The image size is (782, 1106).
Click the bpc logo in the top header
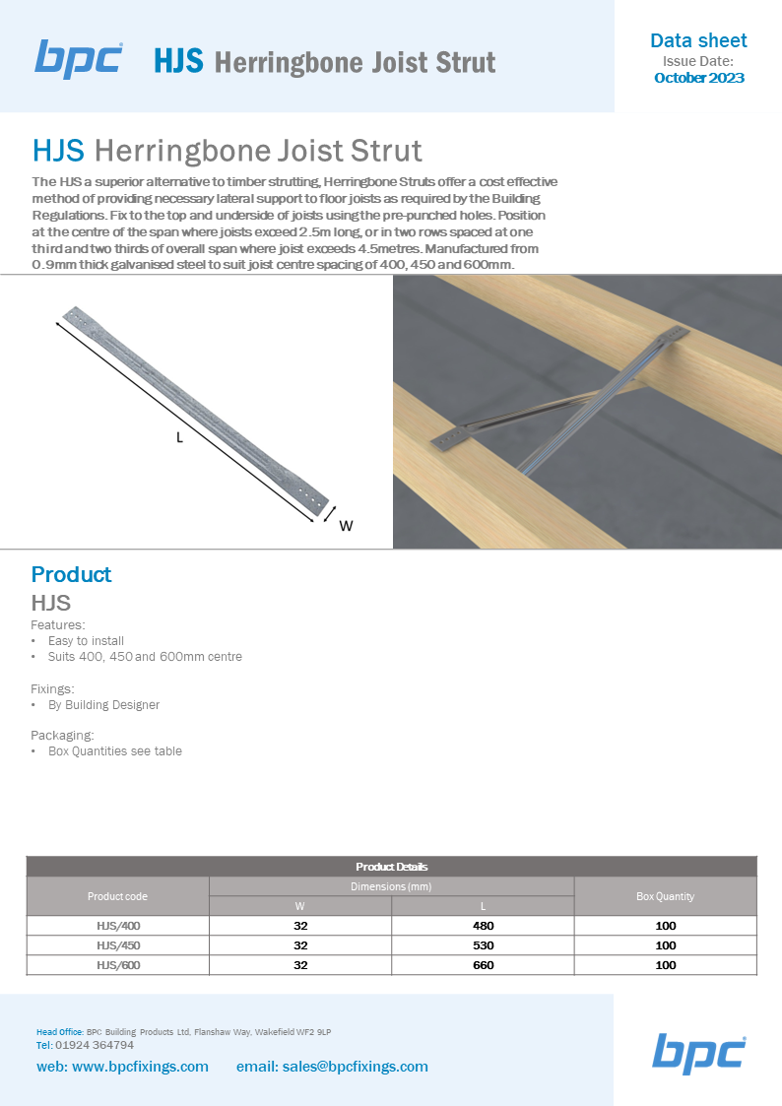[79, 59]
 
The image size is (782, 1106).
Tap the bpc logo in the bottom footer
[698, 1053]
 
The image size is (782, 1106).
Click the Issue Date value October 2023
[698, 78]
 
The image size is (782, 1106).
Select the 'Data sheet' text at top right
[698, 40]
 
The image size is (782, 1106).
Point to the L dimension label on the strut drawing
[179, 438]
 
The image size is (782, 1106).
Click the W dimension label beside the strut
[346, 526]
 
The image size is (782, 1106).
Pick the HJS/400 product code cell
[117, 926]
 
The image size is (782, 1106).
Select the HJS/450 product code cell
[117, 945]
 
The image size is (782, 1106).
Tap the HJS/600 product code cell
[117, 965]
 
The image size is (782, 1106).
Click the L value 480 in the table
[483, 926]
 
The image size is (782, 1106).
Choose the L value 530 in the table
[483, 945]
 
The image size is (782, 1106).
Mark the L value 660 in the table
[483, 965]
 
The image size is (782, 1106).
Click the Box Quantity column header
[665, 896]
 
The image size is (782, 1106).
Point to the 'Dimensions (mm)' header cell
[391, 886]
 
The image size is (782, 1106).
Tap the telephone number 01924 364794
[95, 1045]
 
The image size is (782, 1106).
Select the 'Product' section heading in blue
[71, 574]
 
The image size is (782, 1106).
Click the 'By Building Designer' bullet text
[103, 705]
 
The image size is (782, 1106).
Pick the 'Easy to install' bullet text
[86, 641]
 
